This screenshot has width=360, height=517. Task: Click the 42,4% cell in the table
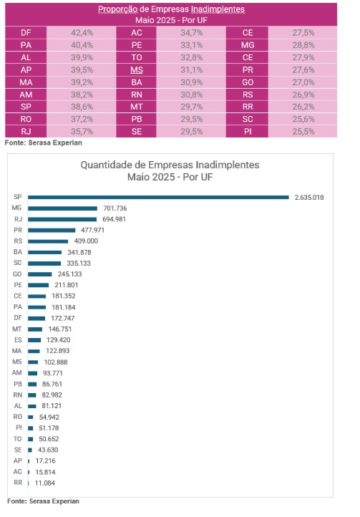pyautogui.click(x=82, y=33)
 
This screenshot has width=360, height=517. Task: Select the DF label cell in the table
pyautogui.click(x=26, y=33)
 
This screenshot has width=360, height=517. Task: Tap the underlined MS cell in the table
pyautogui.click(x=137, y=70)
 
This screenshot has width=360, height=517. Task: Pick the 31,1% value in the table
pyautogui.click(x=191, y=70)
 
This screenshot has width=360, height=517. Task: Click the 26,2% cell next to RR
pyautogui.click(x=303, y=107)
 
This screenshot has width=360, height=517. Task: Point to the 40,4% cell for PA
pyautogui.click(x=82, y=45)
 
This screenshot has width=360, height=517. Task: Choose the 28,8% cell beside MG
pyautogui.click(x=303, y=45)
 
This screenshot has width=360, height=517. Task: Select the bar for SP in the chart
pyautogui.click(x=158, y=197)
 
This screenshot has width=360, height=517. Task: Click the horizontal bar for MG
pyautogui.click(x=63, y=208)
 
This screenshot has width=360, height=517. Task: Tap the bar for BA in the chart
pyautogui.click(x=45, y=252)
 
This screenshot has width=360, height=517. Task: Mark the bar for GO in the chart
pyautogui.click(x=40, y=274)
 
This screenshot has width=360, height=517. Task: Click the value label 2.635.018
pyautogui.click(x=309, y=197)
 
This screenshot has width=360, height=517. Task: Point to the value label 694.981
pyautogui.click(x=114, y=219)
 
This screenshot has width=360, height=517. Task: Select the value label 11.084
pyautogui.click(x=45, y=483)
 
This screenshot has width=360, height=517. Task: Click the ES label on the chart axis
pyautogui.click(x=18, y=340)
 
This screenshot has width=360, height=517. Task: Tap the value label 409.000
pyautogui.click(x=86, y=241)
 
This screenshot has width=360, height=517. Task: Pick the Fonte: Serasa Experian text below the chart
pyautogui.click(x=43, y=501)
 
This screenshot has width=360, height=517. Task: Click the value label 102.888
pyautogui.click(x=56, y=362)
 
